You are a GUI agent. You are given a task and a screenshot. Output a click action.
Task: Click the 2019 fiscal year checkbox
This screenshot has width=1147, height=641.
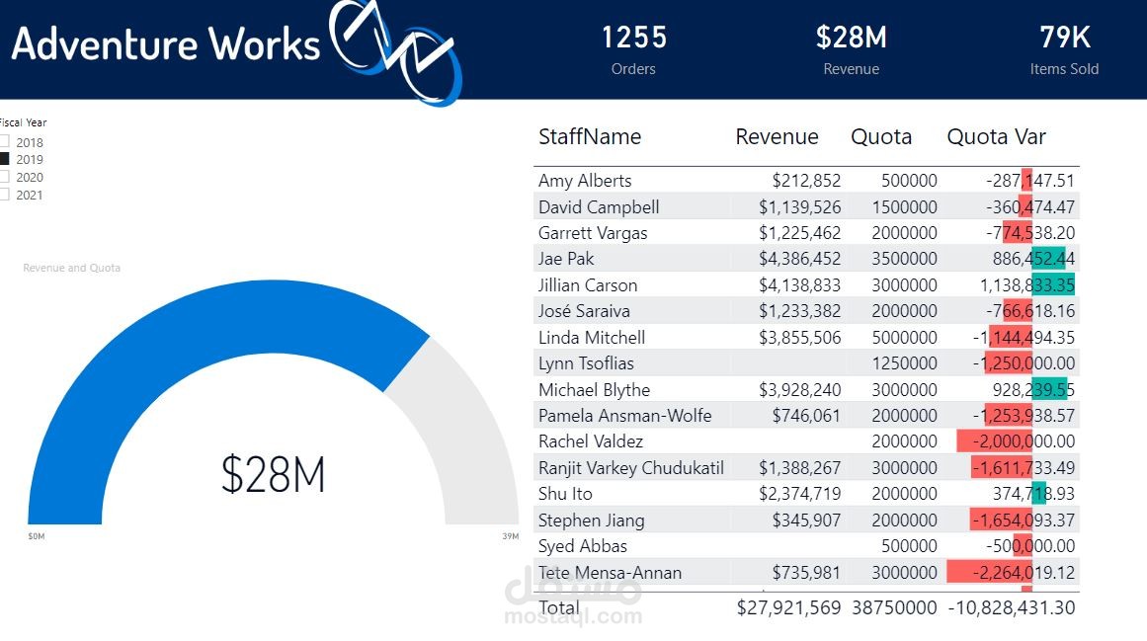click(4, 159)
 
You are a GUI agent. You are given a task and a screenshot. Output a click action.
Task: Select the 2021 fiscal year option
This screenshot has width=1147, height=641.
click(4, 195)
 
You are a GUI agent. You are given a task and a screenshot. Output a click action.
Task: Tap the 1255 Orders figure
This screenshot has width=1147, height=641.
click(634, 38)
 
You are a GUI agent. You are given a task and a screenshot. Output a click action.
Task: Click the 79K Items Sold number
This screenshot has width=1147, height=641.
click(1064, 38)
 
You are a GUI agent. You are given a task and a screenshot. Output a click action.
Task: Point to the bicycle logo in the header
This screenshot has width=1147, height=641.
click(395, 49)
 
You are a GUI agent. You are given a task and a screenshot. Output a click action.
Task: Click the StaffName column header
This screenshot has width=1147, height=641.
click(590, 137)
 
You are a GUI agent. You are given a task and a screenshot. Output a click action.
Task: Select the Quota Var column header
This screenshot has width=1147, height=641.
click(996, 137)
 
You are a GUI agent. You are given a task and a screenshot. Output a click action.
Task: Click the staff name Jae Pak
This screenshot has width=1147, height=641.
click(566, 259)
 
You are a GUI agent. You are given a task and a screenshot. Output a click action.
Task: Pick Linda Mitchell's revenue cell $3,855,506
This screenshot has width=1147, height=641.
click(800, 338)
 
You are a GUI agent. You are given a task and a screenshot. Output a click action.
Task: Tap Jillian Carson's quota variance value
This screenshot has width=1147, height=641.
click(1024, 285)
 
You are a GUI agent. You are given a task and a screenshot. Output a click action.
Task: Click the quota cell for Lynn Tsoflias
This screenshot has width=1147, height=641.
click(904, 363)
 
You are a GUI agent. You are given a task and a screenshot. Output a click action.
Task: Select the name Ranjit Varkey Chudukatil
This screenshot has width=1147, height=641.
click(631, 468)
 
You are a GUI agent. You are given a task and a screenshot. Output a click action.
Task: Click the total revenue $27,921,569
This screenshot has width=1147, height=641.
click(788, 608)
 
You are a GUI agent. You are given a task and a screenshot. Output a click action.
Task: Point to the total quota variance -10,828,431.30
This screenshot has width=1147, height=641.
click(1011, 608)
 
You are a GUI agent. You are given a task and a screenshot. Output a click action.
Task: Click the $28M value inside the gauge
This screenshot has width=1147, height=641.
click(273, 474)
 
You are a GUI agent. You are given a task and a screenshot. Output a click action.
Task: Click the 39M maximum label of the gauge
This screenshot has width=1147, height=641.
click(510, 536)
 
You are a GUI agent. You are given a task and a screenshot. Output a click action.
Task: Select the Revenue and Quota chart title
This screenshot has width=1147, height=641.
click(71, 268)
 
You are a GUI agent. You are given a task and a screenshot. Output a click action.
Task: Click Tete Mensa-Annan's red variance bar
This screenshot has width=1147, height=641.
click(988, 573)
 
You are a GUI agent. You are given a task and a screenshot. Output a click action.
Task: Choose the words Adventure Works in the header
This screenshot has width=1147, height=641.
click(166, 44)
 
